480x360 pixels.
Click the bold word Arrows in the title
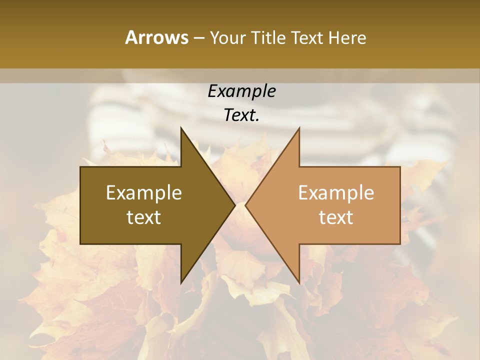pyautogui.click(x=156, y=37)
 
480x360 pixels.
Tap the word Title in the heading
pyautogui.click(x=267, y=37)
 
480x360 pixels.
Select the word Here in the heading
pyautogui.click(x=347, y=37)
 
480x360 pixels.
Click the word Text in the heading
pyautogui.click(x=307, y=37)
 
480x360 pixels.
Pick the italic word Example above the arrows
pyautogui.click(x=241, y=91)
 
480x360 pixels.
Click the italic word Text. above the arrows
pyautogui.click(x=241, y=115)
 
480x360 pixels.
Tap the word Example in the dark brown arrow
pyautogui.click(x=144, y=193)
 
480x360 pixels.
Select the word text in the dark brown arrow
pyautogui.click(x=144, y=217)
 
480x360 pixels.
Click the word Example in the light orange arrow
pyautogui.click(x=336, y=193)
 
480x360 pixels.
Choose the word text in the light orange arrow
pyautogui.click(x=336, y=217)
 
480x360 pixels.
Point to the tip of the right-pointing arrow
pyautogui.click(x=235, y=205)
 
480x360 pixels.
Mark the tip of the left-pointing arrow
pyautogui.click(x=245, y=205)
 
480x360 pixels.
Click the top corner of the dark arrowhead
pyautogui.click(x=181, y=128)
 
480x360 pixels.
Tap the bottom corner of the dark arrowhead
pyautogui.click(x=181, y=282)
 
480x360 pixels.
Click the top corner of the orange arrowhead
pyautogui.click(x=299, y=128)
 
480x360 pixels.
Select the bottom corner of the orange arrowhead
pyautogui.click(x=299, y=282)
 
